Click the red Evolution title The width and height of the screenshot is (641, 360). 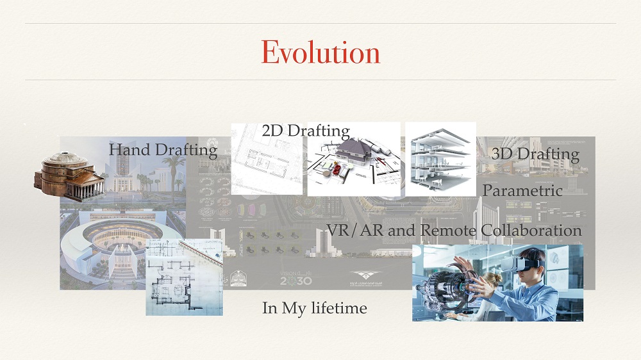[x=320, y=53]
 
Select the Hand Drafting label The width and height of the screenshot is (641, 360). [x=163, y=150]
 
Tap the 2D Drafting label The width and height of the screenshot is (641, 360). [x=306, y=131]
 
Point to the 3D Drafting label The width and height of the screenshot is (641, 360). [x=535, y=154]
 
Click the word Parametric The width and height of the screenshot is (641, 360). [x=522, y=190]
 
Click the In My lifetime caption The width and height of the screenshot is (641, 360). [x=314, y=308]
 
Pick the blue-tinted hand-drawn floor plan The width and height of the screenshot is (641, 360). [x=184, y=277]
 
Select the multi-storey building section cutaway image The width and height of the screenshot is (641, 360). [x=440, y=158]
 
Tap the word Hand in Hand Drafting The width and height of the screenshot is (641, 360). [x=127, y=150]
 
